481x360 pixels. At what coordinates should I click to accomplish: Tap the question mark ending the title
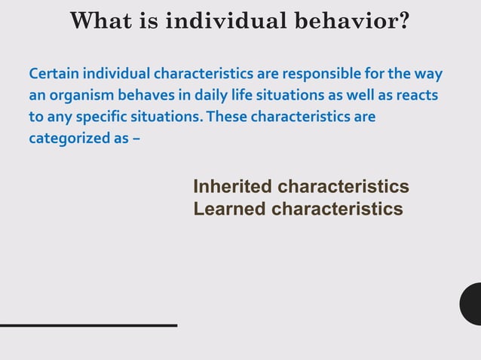point(403,20)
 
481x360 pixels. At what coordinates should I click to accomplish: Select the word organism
point(79,96)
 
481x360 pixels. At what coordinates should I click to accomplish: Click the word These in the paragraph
point(226,118)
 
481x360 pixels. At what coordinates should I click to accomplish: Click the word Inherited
point(233,187)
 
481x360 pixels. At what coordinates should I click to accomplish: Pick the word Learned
point(229,209)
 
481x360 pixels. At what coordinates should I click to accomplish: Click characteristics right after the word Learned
point(337,209)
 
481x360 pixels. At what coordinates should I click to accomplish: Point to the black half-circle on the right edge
point(472,304)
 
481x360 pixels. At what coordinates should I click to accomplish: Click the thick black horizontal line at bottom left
point(88,325)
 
